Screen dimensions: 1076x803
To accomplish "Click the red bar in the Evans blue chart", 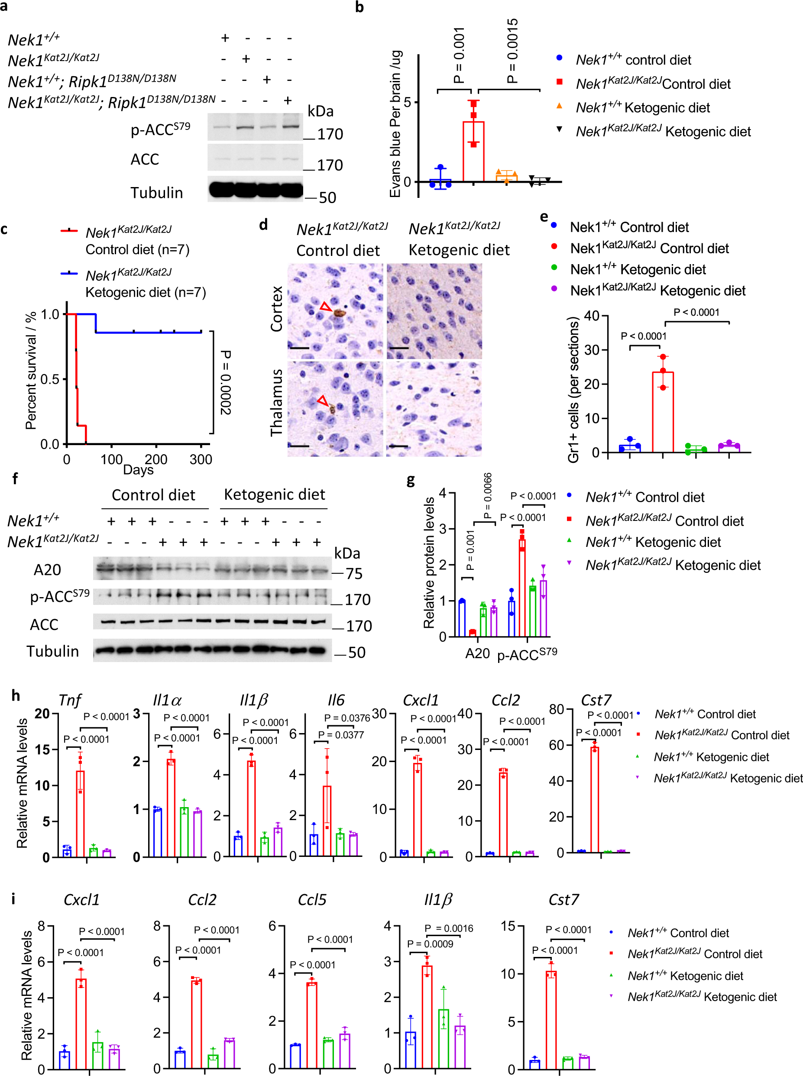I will (x=473, y=151).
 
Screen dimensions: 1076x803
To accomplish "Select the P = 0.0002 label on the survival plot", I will (x=226, y=382).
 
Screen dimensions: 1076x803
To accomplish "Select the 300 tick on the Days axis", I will (x=201, y=459).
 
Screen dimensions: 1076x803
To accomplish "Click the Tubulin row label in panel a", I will (x=156, y=193).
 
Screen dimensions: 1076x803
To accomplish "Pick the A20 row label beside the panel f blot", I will (x=47, y=569).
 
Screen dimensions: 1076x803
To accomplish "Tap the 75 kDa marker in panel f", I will (x=354, y=573).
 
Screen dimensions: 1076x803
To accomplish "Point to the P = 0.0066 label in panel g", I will (x=488, y=496).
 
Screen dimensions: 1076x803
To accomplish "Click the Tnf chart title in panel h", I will (x=70, y=700).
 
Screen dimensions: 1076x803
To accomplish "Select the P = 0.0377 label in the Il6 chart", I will (x=341, y=735).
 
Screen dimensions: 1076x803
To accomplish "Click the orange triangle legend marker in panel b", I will (x=560, y=106).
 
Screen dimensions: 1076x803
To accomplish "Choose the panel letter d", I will (x=263, y=225).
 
